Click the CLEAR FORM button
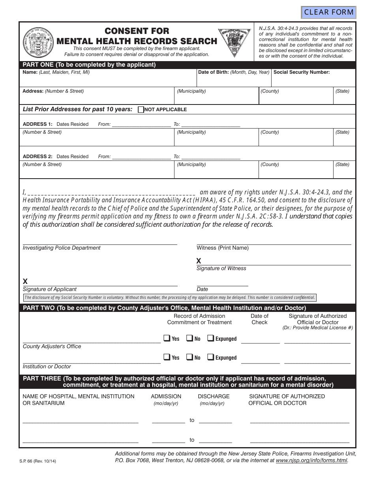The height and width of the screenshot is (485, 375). [x=328, y=12]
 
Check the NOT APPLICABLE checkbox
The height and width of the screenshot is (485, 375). [x=141, y=110]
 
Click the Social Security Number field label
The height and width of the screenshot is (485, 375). [x=301, y=72]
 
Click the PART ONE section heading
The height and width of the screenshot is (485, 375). [x=89, y=65]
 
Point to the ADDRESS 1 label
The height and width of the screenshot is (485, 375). [x=37, y=124]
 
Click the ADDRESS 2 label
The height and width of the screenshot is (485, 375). [x=37, y=157]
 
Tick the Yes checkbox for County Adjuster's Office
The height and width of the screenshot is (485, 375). [x=167, y=338]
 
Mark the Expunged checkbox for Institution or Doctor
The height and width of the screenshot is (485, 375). [x=211, y=357]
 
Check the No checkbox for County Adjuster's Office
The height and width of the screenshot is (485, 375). [x=189, y=338]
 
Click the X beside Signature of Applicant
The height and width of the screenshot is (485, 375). [x=25, y=281]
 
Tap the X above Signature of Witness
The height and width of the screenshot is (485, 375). [x=199, y=261]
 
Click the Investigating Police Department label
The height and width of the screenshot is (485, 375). [x=62, y=248]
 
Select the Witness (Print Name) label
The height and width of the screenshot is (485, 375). [x=223, y=248]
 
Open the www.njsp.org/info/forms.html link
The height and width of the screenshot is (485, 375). [x=311, y=460]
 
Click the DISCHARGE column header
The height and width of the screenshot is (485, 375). [x=214, y=396]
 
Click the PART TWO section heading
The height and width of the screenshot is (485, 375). [x=164, y=308]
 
